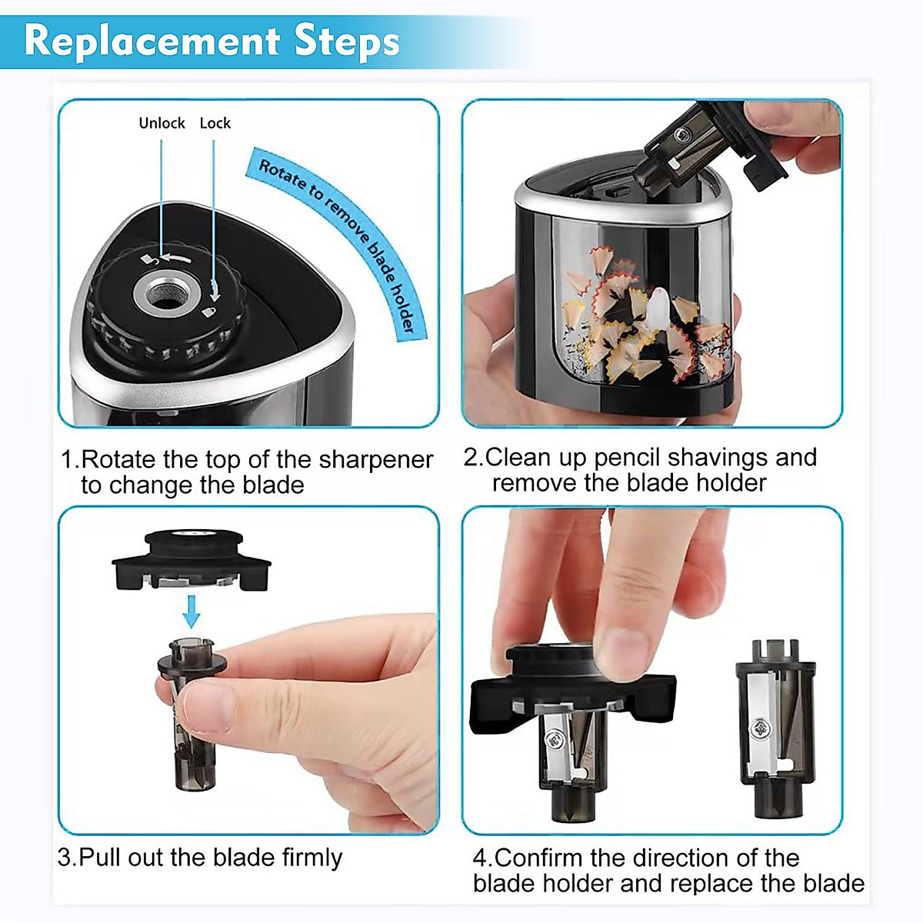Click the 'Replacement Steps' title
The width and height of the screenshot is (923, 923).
212,40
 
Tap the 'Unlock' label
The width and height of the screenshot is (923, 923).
162,123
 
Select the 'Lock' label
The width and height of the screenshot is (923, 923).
215,123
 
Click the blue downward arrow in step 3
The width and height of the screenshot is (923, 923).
192,612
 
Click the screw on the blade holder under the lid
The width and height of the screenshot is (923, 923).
551,740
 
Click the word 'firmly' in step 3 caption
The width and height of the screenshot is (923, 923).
311,857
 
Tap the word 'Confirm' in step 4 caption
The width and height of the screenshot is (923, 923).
538,858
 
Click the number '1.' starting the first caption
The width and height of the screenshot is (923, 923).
69,459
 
